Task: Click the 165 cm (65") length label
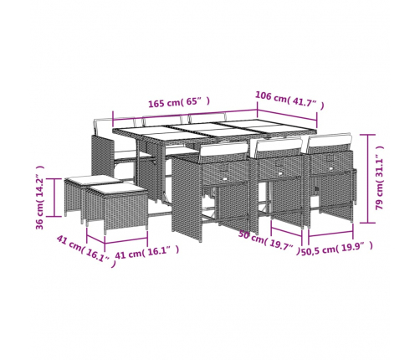[x=179, y=102]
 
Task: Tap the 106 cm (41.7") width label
[x=289, y=100]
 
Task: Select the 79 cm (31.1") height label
[x=379, y=177]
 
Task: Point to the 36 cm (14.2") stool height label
[x=40, y=198]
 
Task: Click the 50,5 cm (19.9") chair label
[x=337, y=249]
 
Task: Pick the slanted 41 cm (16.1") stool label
[x=86, y=251]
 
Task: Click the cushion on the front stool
[x=116, y=190]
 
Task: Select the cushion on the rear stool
[x=92, y=180]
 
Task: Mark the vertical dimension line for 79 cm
[x=367, y=178]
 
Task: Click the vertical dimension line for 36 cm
[x=54, y=198]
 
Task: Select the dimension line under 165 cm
[x=185, y=115]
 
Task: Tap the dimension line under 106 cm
[x=287, y=116]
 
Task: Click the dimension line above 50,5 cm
[x=330, y=234]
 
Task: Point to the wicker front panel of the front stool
[x=126, y=211]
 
